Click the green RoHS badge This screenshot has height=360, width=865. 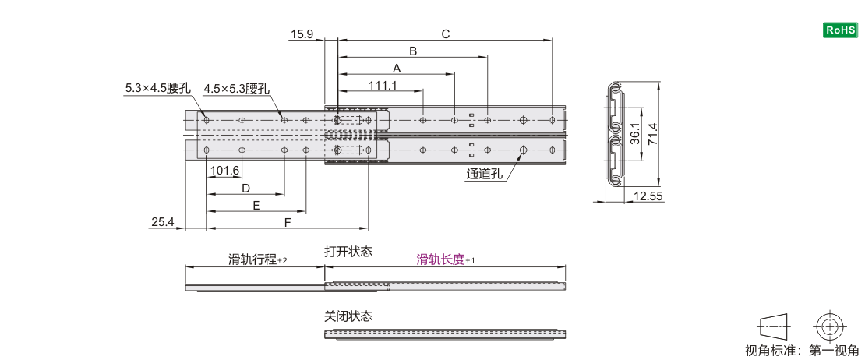841,30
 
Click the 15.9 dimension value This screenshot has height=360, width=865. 302,34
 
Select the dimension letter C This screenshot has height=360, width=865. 446,34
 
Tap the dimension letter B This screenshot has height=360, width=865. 413,51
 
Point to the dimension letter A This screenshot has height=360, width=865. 396,69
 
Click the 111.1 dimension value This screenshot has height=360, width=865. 383,85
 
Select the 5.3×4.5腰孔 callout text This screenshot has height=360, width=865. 157,88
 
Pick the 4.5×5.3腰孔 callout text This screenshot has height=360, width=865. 236,88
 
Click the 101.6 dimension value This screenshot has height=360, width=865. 224,171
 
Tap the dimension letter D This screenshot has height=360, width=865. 246,189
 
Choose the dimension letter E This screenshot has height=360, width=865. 256,206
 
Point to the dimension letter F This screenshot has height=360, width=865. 287,223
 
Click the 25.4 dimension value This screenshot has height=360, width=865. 162,222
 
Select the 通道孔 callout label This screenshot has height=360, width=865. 485,175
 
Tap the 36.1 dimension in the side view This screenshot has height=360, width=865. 636,134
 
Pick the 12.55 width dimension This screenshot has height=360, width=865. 648,196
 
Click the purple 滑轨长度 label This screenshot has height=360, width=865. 441,259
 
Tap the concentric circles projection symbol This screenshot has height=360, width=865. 829,326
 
